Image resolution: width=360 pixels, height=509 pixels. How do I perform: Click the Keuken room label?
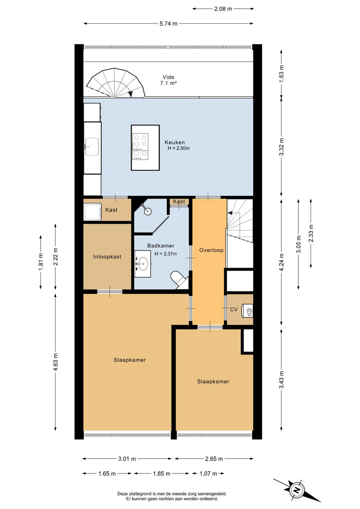(175, 142)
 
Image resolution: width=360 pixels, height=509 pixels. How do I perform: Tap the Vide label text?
(168, 77)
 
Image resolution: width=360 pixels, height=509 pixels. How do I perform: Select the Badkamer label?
(161, 245)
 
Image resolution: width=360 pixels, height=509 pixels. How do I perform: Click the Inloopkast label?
(107, 257)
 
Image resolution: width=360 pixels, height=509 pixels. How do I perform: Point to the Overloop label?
(211, 250)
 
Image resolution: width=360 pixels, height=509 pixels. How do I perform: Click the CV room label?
(234, 309)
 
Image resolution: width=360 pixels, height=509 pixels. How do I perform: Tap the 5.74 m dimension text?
(168, 23)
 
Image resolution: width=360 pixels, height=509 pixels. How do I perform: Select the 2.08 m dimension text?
(223, 9)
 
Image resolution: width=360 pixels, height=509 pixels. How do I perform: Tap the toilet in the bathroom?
(179, 280)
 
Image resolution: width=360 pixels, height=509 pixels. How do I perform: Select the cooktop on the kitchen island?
(140, 146)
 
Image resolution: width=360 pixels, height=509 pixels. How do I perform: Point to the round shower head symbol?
(148, 211)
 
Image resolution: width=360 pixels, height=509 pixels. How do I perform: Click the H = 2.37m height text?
(166, 254)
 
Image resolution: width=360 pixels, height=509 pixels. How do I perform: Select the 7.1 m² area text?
(168, 83)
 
